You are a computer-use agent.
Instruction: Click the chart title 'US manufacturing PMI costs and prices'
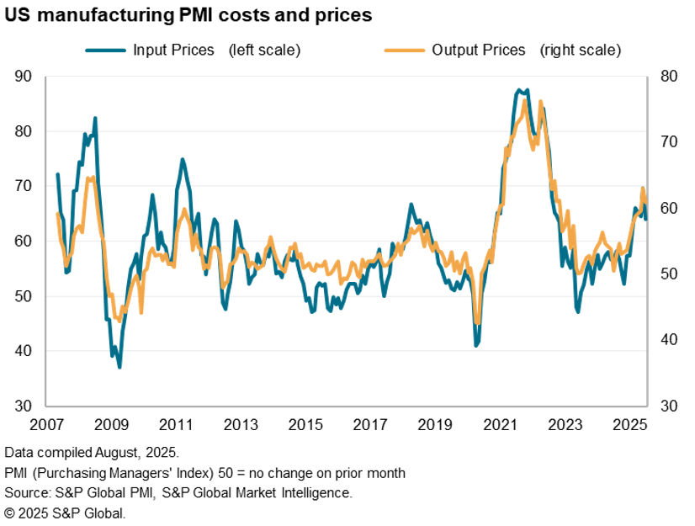tap(189, 15)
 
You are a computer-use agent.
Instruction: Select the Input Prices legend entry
tap(193, 50)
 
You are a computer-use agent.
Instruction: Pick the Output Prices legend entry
tap(478, 50)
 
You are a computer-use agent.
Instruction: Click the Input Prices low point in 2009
tap(119, 367)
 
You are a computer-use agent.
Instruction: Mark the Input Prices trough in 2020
tap(475, 345)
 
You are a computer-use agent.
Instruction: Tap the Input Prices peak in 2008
tap(95, 119)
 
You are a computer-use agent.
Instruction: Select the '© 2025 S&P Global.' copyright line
tap(64, 512)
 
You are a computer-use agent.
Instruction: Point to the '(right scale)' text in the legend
tap(581, 50)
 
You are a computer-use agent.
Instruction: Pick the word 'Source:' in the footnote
tap(28, 492)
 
